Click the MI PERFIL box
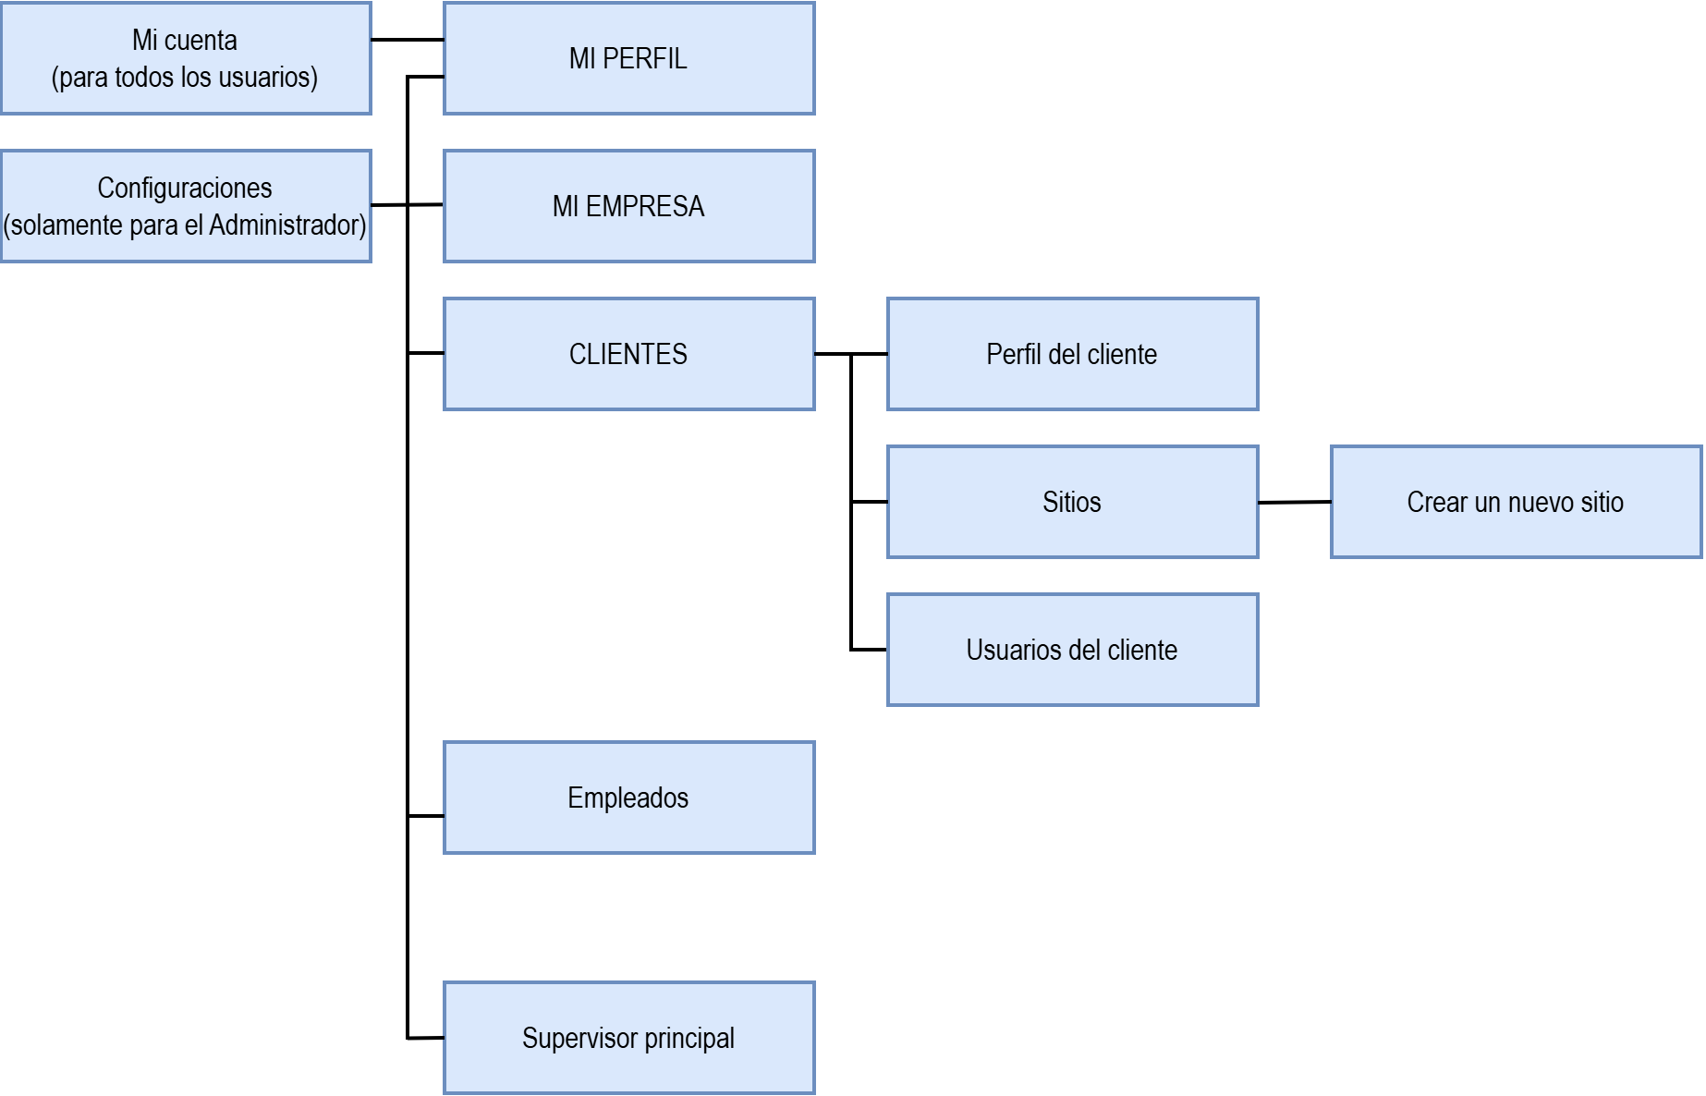(x=628, y=58)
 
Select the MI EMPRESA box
(x=628, y=206)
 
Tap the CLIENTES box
(x=628, y=354)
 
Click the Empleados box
(x=628, y=798)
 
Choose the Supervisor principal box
(x=628, y=1038)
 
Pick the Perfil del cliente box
(x=1072, y=354)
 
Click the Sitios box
(x=1072, y=502)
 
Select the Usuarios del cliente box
(x=1072, y=650)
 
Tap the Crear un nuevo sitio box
(x=1516, y=502)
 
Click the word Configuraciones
(x=185, y=189)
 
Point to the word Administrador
(x=287, y=225)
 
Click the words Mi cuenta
(x=185, y=41)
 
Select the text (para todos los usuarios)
(x=185, y=78)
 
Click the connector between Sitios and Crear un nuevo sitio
(x=1294, y=503)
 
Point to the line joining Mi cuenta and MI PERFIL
(x=407, y=40)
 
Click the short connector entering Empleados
(x=426, y=816)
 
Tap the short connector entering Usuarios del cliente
(x=869, y=650)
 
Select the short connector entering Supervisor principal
(x=426, y=1038)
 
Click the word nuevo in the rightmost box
(x=1538, y=503)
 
